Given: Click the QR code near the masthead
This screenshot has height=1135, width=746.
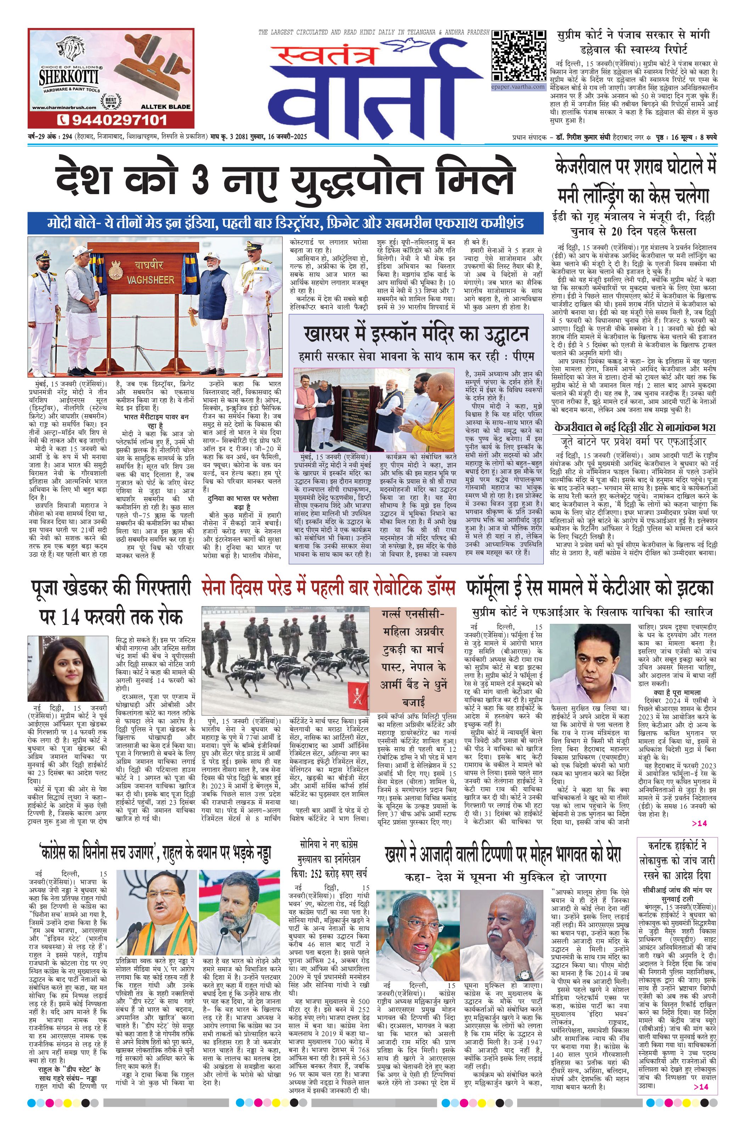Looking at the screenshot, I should pyautogui.click(x=519, y=56).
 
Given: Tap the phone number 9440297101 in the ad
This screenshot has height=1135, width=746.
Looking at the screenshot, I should pyautogui.click(x=112, y=119).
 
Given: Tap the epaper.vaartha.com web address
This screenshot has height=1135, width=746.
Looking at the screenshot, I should pyautogui.click(x=519, y=87).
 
